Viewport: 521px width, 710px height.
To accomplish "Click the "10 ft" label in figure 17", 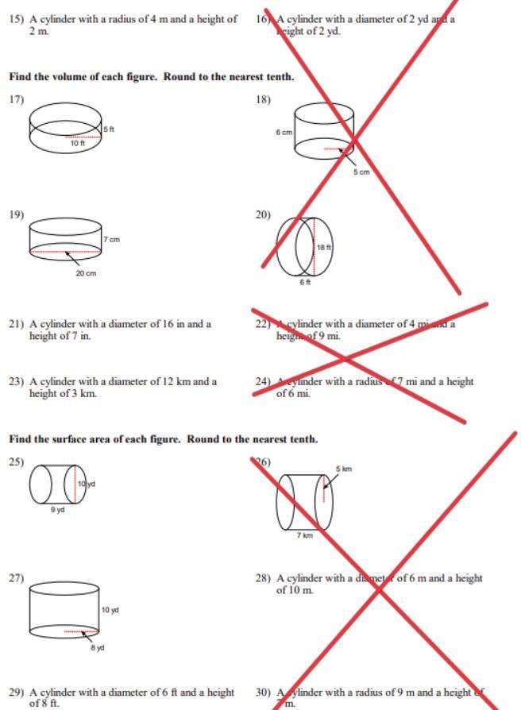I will click(77, 143).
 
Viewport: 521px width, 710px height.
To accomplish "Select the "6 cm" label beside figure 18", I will click(284, 133).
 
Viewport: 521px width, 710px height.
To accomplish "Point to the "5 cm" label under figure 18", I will click(361, 172).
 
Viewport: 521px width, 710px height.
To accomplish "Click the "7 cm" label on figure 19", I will click(111, 239).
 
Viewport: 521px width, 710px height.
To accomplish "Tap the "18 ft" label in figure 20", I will click(324, 248).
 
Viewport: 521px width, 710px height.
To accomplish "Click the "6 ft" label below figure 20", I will click(305, 282).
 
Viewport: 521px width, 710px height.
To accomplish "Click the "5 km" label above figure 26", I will click(344, 469).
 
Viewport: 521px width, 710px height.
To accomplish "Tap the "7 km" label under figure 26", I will click(305, 535).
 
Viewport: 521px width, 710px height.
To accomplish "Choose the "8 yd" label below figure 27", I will click(98, 648).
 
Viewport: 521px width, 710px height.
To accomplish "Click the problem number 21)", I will click(17, 324).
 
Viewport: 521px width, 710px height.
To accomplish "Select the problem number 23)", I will click(17, 381).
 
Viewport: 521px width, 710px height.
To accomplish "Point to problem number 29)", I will click(17, 693).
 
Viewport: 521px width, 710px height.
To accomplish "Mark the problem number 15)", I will click(17, 18).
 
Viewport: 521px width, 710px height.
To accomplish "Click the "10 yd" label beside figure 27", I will click(110, 610).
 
